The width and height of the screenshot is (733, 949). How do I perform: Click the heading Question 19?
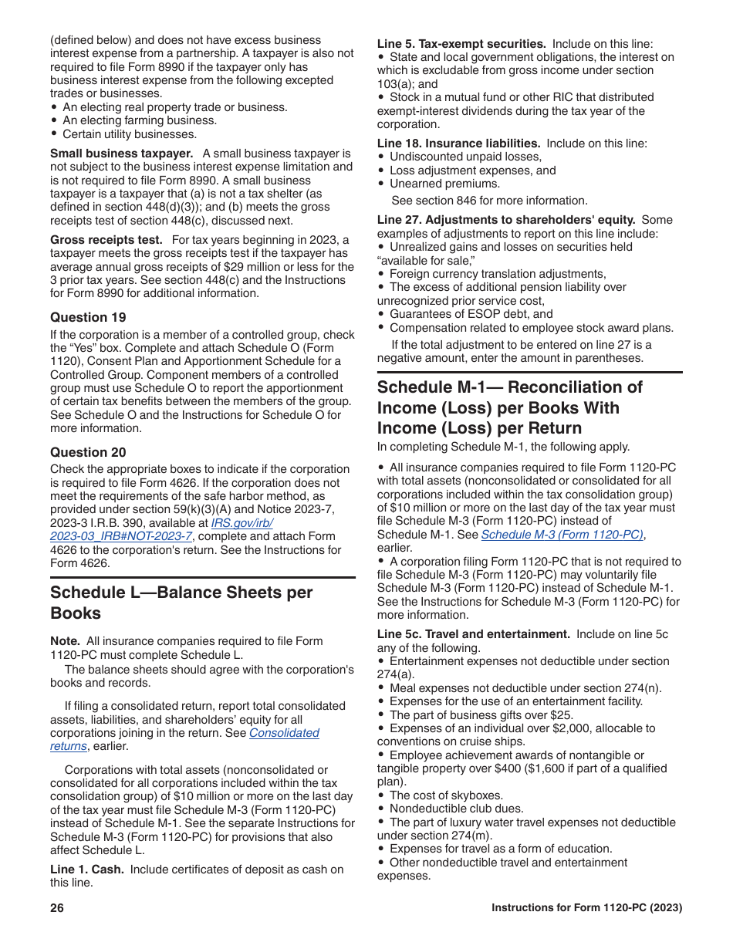tap(88, 317)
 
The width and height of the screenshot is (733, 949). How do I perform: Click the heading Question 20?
tap(88, 452)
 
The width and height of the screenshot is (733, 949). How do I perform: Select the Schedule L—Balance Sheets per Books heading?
tap(181, 603)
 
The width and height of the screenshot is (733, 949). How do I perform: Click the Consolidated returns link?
tap(284, 733)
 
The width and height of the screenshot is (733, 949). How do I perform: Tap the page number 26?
tap(57, 908)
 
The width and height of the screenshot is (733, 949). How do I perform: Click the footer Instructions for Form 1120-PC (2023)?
tap(586, 908)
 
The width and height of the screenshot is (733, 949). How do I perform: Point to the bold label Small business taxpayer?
tap(121, 154)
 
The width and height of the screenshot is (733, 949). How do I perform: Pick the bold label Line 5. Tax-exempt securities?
tap(461, 44)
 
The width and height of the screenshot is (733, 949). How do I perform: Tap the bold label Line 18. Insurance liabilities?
tap(458, 144)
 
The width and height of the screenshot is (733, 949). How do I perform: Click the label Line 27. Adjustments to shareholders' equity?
tap(506, 220)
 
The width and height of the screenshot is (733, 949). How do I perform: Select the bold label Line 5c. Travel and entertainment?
tap(473, 634)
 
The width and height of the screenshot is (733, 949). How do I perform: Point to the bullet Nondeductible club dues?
tap(456, 809)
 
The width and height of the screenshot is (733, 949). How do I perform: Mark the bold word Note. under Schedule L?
tap(65, 641)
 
